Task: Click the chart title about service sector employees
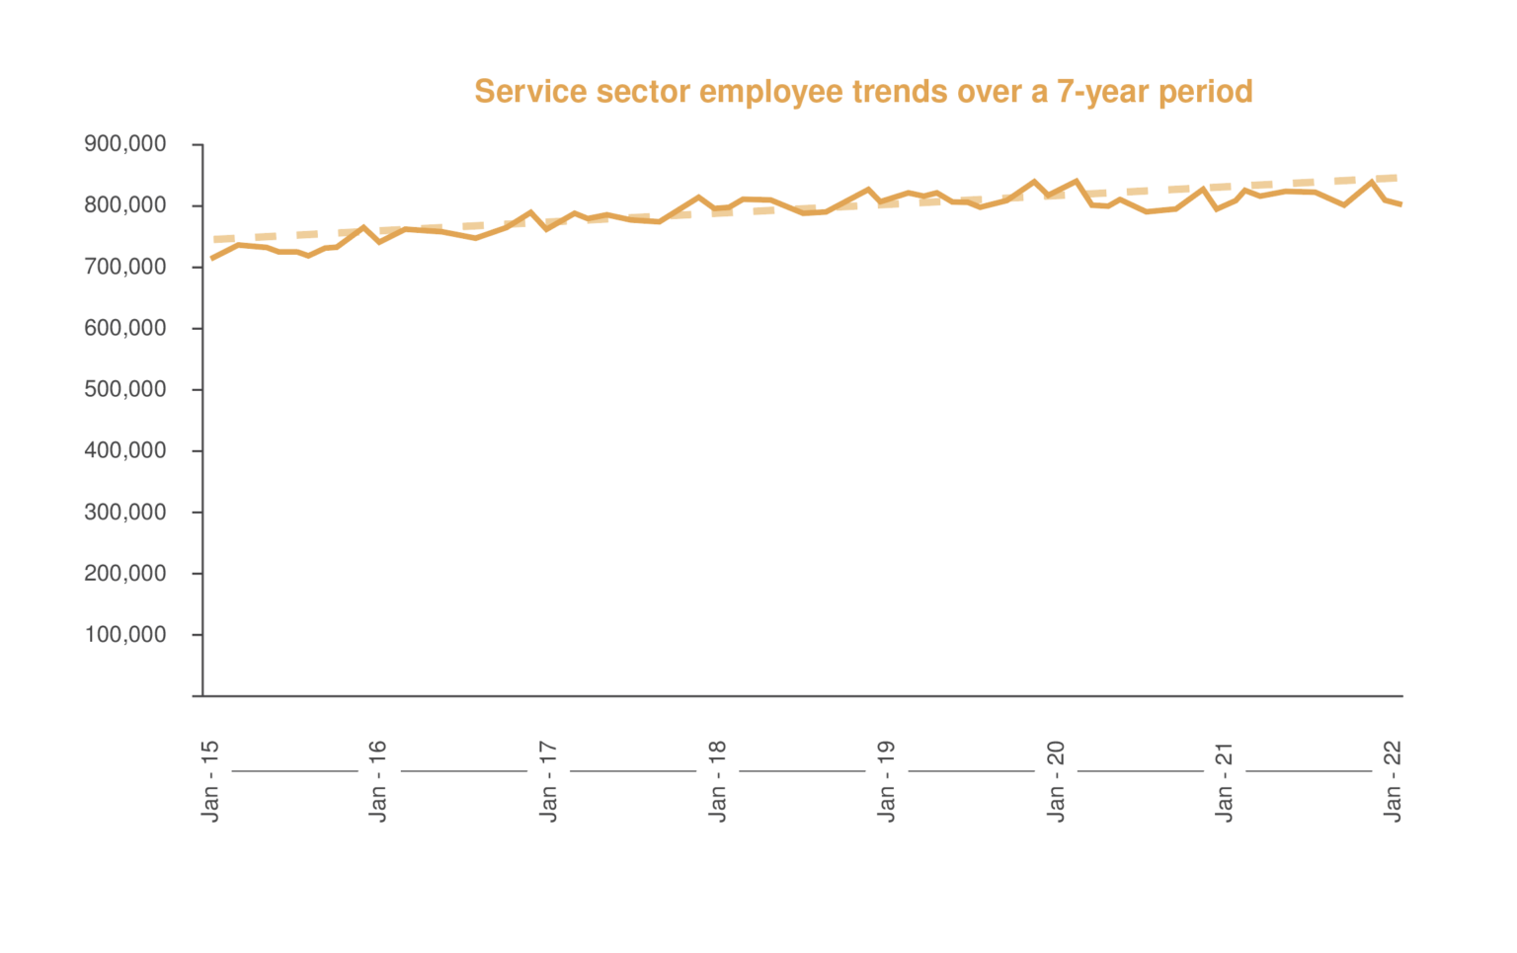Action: tap(863, 92)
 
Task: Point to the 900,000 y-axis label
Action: tap(125, 144)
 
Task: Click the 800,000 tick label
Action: tap(125, 205)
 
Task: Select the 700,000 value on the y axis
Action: tap(125, 267)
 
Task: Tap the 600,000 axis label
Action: tap(125, 328)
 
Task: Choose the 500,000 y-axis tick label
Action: tap(125, 389)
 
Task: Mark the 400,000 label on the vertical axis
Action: tap(125, 450)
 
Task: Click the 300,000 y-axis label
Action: tap(125, 512)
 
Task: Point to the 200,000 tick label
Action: tap(125, 573)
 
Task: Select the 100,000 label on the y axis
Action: tap(125, 634)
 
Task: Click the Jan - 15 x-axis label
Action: tap(210, 780)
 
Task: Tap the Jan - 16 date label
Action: tap(378, 780)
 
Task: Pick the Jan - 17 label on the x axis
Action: tap(548, 780)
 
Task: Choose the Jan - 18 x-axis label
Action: tap(717, 780)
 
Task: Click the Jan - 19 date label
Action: tap(886, 780)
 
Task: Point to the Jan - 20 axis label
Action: tap(1056, 780)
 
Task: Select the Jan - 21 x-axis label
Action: tap(1225, 780)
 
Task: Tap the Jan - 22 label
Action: tap(1393, 780)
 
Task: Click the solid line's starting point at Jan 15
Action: tap(212, 259)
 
